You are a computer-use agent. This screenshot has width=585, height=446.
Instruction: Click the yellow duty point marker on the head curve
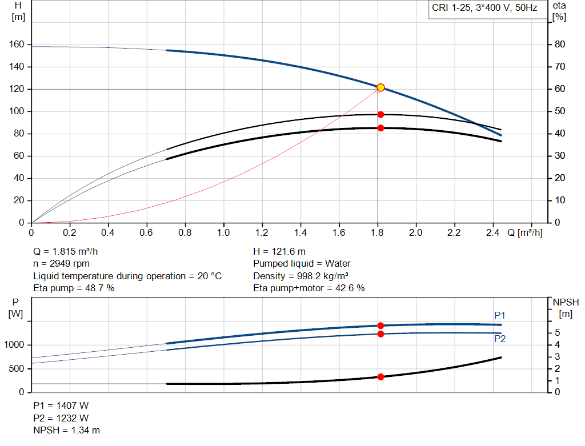coord(380,87)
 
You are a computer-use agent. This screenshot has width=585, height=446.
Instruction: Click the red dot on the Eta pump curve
coord(380,114)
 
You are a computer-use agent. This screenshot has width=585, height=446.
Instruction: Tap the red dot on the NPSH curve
coord(380,377)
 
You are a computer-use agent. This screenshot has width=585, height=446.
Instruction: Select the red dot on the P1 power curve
coord(380,326)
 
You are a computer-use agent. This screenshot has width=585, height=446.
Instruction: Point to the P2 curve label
coord(500,339)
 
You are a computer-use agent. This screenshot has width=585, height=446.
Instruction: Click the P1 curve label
coord(500,315)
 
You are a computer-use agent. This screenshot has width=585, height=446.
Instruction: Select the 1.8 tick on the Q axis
coord(378,233)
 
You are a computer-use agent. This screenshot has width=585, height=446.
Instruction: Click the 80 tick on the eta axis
coord(560,45)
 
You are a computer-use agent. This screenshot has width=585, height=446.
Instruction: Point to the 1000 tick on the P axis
coord(15,345)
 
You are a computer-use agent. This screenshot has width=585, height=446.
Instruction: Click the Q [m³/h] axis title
coord(524,233)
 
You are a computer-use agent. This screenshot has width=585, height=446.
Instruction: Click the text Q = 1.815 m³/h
coord(70,251)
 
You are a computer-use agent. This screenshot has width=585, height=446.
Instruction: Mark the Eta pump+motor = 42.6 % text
coord(308,288)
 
